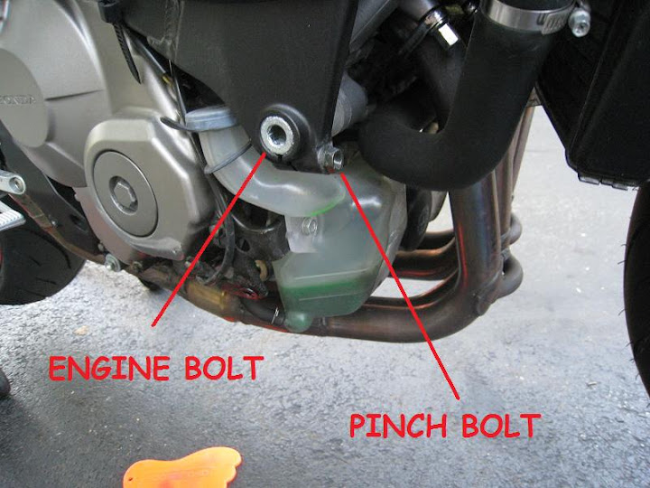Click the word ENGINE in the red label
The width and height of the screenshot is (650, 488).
tap(109, 368)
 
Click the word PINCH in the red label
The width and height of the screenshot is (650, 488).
tap(398, 426)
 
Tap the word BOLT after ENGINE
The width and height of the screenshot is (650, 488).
tap(224, 368)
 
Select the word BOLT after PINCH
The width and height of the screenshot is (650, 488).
tap(502, 426)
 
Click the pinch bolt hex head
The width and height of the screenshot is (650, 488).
tap(331, 157)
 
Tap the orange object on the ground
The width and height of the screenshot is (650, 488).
tap(182, 468)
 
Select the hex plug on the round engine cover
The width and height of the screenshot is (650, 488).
tap(125, 194)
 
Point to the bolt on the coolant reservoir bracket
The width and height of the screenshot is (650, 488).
tap(309, 227)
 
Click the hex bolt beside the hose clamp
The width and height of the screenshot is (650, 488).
tap(579, 20)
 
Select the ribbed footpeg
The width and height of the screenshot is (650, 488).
tap(10, 217)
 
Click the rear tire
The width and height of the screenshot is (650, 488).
tap(33, 261)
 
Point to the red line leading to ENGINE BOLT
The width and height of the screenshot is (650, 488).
tap(209, 239)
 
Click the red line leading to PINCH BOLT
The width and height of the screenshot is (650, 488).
tap(400, 286)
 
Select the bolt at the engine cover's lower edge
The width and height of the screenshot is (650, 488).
tap(112, 263)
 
